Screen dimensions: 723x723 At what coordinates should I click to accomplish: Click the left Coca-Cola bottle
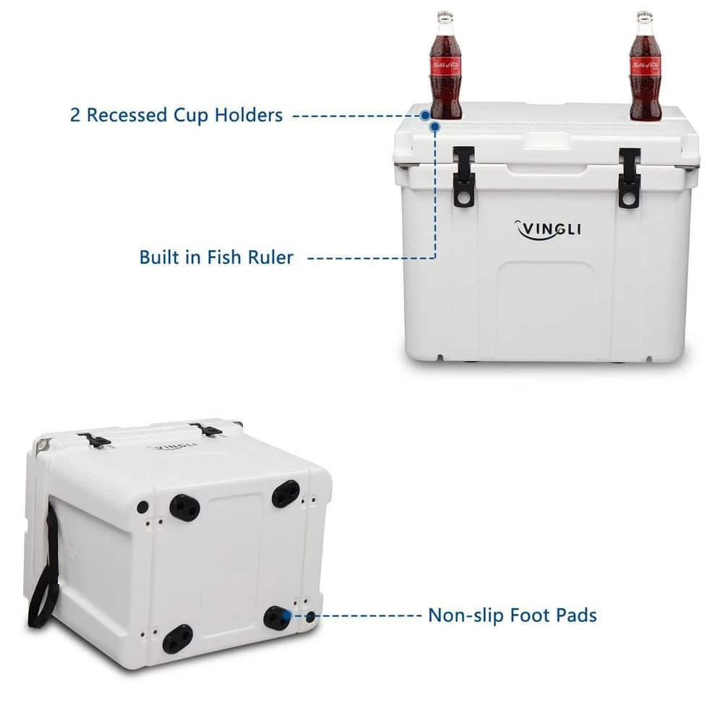coord(445,69)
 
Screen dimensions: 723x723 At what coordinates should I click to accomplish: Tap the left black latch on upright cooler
coord(464,176)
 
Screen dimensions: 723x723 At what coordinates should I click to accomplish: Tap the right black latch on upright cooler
coord(630,178)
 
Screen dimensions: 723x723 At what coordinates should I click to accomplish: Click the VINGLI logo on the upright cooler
coord(547,229)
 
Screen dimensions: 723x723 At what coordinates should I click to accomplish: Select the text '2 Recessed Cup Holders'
coord(176,115)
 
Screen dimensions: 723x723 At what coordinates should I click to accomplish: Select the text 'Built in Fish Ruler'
coord(217,257)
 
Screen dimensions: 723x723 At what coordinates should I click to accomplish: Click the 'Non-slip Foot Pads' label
coord(512,616)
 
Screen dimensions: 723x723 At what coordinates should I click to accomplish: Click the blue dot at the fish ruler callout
coord(435,127)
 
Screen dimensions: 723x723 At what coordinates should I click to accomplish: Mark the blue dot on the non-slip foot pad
coord(288,615)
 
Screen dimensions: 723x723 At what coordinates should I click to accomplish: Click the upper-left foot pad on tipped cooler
coord(184,508)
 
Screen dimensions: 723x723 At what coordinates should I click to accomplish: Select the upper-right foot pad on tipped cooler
coord(286,494)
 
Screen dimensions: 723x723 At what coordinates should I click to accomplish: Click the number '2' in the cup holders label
coord(75,115)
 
